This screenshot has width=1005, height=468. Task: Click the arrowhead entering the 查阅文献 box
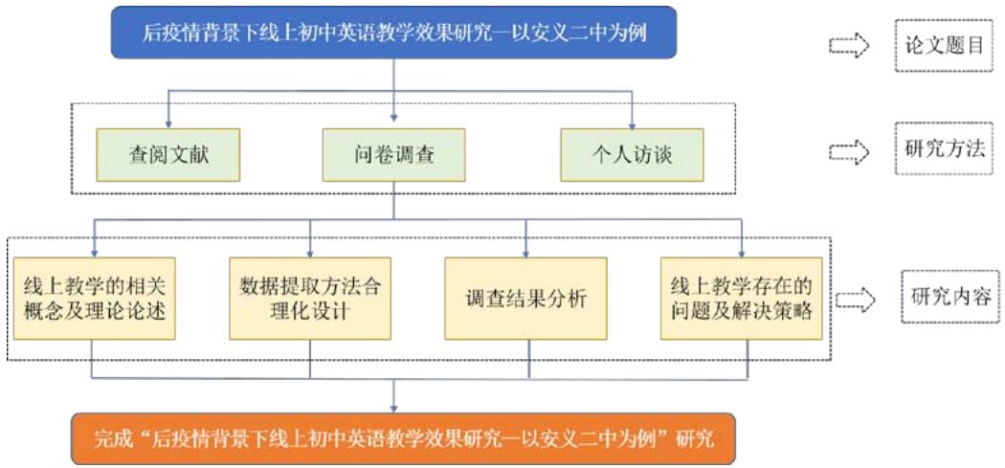click(168, 123)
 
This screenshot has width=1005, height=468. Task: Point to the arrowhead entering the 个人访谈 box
click(633, 123)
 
